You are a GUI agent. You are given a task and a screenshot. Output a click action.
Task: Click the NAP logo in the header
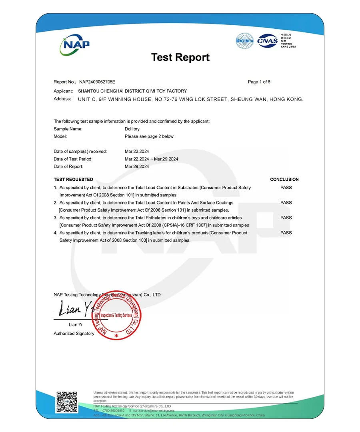click(x=75, y=44)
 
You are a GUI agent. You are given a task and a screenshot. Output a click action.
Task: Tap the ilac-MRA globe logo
click(x=245, y=41)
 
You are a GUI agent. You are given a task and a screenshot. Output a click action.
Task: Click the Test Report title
click(x=180, y=57)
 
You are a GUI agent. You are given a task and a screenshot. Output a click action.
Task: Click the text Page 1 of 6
click(x=259, y=82)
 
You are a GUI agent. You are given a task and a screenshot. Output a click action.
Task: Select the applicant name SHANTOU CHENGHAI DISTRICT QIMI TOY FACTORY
click(x=132, y=91)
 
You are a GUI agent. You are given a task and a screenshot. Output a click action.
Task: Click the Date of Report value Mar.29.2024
click(x=137, y=166)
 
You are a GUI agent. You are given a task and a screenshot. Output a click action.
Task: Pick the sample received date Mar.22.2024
click(x=137, y=152)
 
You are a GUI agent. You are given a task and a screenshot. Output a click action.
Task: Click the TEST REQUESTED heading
click(x=73, y=180)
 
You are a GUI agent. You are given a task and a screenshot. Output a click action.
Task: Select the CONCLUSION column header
click(x=284, y=180)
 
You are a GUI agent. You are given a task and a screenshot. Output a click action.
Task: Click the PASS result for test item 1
click(x=286, y=187)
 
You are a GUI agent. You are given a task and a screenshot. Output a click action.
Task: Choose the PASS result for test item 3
click(x=286, y=218)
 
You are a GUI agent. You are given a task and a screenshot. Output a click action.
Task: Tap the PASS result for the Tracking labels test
click(x=286, y=232)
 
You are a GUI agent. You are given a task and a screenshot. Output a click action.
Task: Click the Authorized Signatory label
click(x=74, y=334)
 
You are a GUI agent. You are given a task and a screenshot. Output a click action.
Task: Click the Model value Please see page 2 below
click(x=149, y=136)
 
